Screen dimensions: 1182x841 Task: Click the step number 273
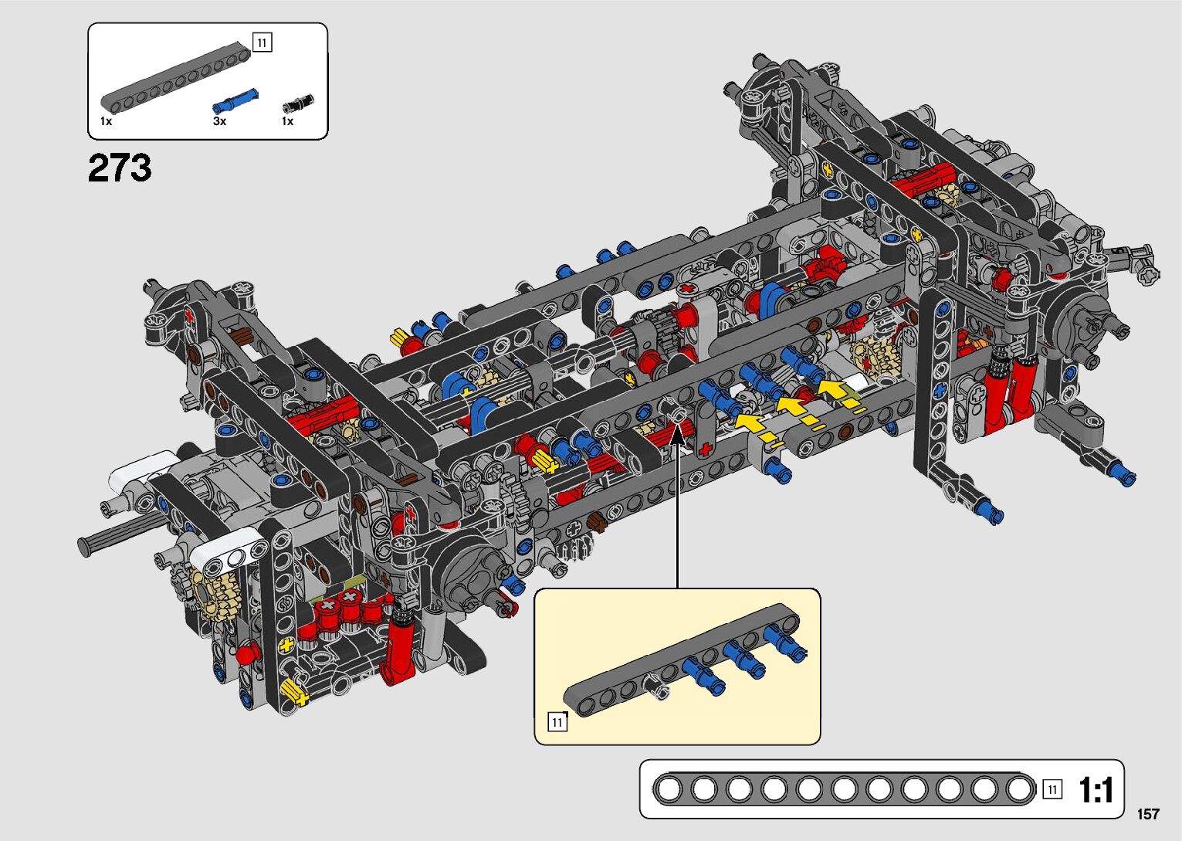click(120, 168)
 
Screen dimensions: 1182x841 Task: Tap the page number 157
click(1148, 814)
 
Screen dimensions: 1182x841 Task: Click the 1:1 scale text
click(1096, 790)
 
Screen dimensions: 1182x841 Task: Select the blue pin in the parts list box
click(235, 101)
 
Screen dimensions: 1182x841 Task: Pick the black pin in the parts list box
click(298, 103)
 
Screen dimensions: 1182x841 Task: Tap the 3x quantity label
click(219, 121)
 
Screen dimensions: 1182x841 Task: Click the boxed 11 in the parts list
click(262, 42)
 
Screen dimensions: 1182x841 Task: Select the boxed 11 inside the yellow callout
click(557, 722)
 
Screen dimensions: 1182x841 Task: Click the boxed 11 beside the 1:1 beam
click(1052, 790)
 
